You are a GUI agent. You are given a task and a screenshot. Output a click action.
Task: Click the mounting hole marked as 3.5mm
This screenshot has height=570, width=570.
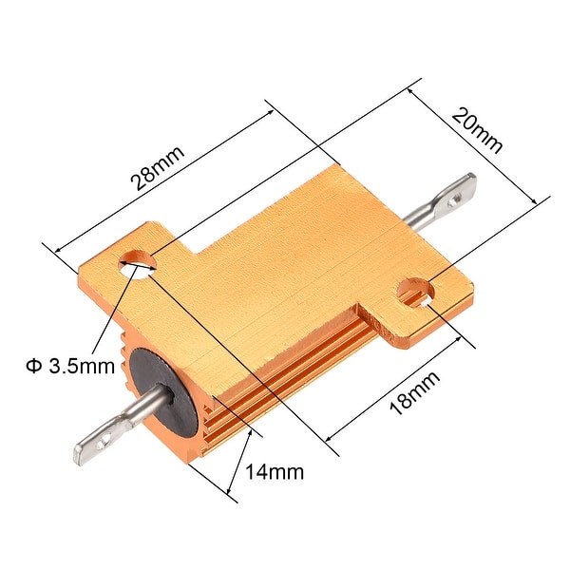click(135, 263)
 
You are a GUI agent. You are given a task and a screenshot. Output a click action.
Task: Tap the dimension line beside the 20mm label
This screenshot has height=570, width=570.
click(480, 142)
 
